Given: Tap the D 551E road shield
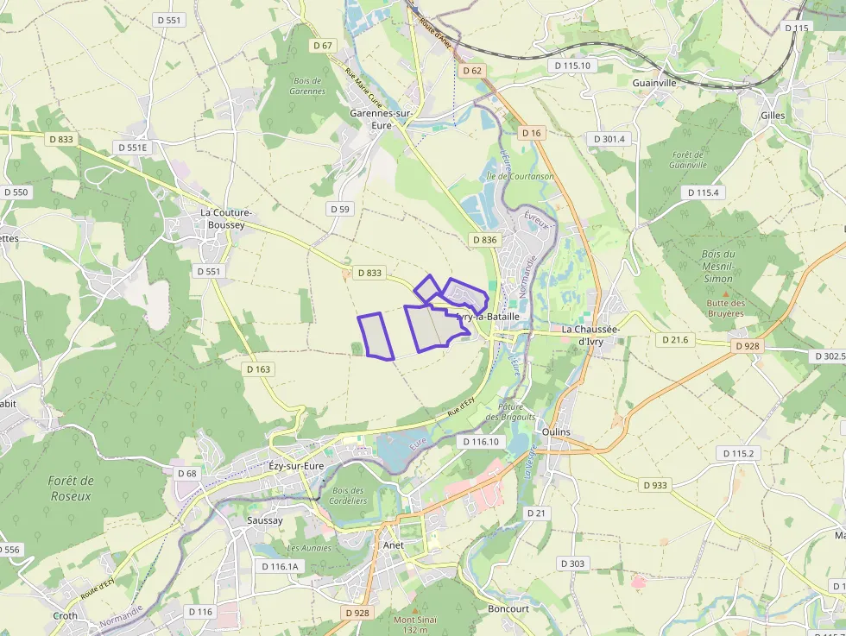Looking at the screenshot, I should click(133, 148).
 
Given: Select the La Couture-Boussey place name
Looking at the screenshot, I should click(225, 218).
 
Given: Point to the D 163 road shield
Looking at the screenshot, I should click(258, 369).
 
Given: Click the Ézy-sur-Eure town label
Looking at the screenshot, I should click(296, 466).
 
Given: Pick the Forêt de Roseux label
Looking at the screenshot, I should click(71, 488).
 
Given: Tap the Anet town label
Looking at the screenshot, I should click(393, 545).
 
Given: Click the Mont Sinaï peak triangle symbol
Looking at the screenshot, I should click(415, 609).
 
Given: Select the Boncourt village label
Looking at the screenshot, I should click(508, 608).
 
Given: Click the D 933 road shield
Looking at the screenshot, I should click(655, 485).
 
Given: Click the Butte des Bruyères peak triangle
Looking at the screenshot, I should click(725, 293).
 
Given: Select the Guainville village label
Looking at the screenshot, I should click(654, 83).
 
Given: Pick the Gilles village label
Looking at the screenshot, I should click(773, 115).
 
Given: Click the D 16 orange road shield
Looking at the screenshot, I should click(532, 133).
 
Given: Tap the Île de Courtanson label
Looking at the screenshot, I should click(521, 177).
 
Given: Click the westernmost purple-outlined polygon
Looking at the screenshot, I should click(376, 336).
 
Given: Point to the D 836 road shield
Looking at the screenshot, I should click(485, 239).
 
